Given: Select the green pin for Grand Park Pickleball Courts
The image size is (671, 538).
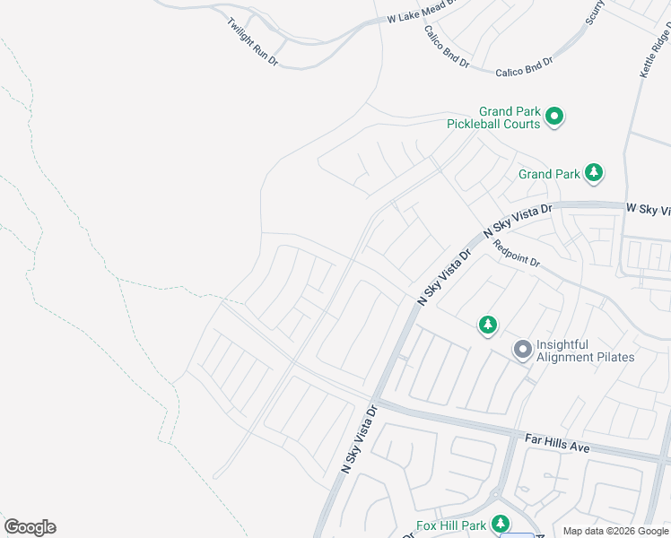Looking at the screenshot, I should [x=554, y=116].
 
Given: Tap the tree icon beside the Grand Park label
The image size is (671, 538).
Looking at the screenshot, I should [x=593, y=172].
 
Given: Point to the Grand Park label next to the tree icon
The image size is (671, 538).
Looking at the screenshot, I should [x=549, y=174].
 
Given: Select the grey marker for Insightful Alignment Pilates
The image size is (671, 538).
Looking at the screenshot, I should [x=522, y=349].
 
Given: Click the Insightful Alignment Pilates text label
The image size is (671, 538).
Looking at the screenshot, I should [x=585, y=351].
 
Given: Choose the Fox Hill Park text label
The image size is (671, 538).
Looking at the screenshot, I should [x=451, y=525].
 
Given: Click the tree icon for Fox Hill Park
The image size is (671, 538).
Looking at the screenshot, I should [x=501, y=524].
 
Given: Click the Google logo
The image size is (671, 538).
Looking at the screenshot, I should [x=30, y=527].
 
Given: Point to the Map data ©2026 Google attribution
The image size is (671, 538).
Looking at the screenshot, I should [x=614, y=531].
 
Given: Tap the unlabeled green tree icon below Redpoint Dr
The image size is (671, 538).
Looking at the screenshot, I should [x=487, y=325].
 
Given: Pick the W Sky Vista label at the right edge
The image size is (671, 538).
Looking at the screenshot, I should [x=648, y=209].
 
